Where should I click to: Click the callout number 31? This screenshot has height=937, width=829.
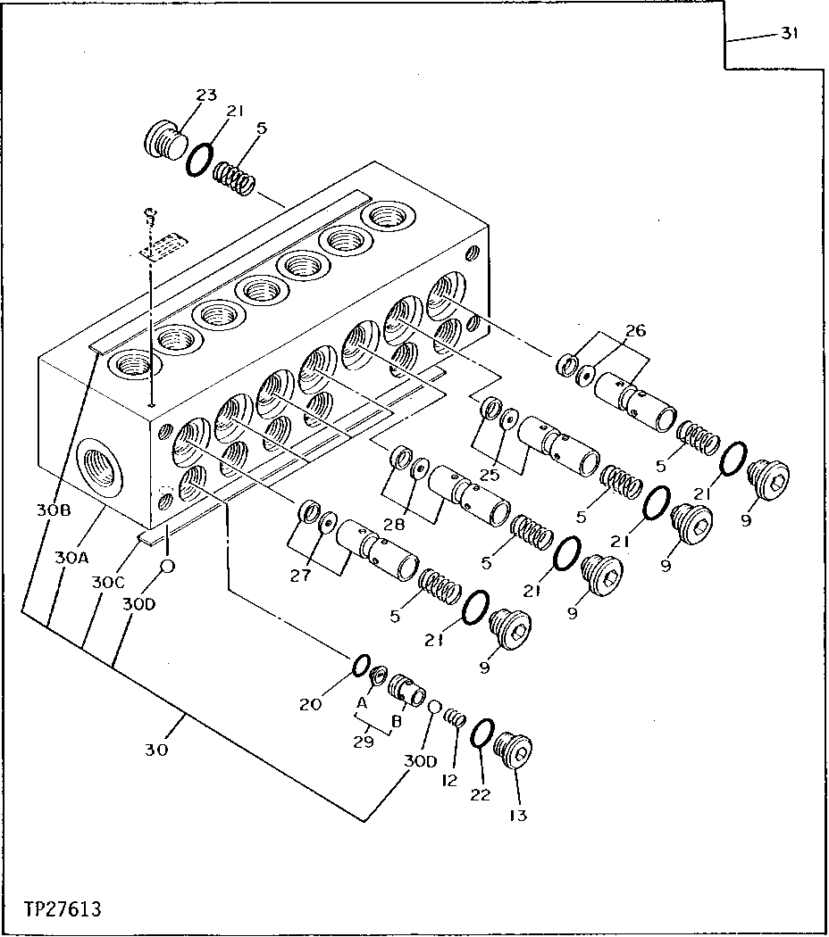point(789,34)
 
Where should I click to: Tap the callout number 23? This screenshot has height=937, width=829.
point(206,95)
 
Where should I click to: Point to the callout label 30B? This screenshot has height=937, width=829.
point(53,510)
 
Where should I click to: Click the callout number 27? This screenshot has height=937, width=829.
point(300,576)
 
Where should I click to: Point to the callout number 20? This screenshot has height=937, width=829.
point(310,704)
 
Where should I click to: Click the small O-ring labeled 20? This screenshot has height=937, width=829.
point(359,665)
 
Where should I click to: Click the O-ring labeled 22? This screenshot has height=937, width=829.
point(479,734)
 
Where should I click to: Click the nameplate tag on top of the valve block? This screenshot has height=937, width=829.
point(163,246)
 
